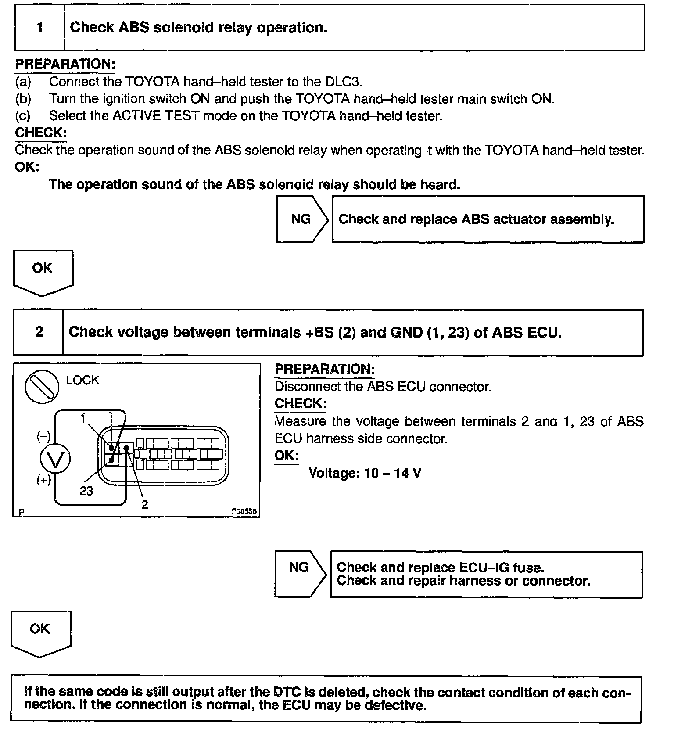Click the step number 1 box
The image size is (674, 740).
point(39,28)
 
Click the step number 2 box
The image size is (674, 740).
point(39,332)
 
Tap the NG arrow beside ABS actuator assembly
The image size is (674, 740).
point(302,219)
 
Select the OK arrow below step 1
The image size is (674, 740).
point(43,271)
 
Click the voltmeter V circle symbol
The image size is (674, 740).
point(55,459)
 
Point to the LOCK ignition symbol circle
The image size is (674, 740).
point(42,387)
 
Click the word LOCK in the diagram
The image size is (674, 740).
point(82,380)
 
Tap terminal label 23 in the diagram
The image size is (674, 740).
point(86,491)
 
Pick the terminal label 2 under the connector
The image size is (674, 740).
point(145,504)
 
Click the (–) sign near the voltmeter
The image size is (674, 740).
point(43,436)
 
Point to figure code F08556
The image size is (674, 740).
point(244,512)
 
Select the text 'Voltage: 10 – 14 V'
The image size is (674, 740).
point(365,473)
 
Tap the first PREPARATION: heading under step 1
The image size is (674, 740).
point(65,65)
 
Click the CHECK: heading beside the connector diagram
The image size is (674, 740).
point(300,403)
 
